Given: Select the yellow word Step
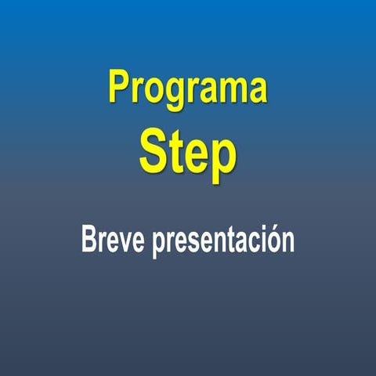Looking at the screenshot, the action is (188, 157).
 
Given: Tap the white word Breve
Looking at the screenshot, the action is (113, 239).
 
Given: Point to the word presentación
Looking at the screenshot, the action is (223, 241).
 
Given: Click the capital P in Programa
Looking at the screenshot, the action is (119, 85).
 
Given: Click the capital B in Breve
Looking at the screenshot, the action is (90, 239).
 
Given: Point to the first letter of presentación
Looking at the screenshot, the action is (161, 246).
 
